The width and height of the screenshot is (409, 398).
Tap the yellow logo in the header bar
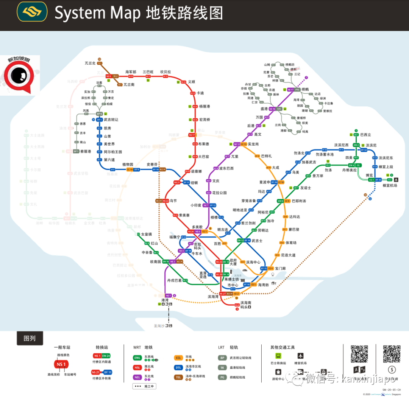[32, 12]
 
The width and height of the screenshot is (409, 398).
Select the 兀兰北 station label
[90, 63]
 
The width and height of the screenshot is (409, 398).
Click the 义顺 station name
[191, 82]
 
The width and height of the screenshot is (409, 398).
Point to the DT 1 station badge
[100, 120]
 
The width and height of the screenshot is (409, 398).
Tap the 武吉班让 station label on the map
[111, 120]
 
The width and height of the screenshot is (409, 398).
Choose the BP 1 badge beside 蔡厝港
[76, 151]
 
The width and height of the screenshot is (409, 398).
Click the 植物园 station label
[128, 165]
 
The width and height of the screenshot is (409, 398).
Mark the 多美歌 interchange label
[197, 227]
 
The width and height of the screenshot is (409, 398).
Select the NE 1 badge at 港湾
[169, 295]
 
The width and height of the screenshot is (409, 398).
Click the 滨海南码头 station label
[246, 305]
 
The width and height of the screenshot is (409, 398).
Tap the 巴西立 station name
[365, 135]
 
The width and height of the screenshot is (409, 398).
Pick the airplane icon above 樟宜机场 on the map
[396, 180]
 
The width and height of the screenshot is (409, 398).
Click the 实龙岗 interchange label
[253, 144]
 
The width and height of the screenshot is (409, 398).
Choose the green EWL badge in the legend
[137, 358]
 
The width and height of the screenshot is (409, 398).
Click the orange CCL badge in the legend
[178, 358]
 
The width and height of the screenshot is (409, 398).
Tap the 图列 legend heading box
[30, 338]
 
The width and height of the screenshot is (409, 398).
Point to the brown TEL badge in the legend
[178, 377]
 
